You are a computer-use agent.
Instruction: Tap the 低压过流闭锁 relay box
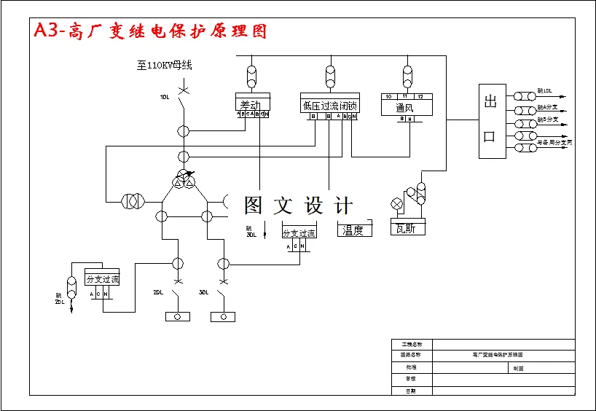329,105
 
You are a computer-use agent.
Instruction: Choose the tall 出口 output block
491,121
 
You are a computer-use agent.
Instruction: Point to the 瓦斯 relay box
407,228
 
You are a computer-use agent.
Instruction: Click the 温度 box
354,230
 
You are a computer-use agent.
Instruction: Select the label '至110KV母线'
164,66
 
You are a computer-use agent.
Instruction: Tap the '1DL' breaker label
165,96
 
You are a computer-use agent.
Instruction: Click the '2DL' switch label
158,292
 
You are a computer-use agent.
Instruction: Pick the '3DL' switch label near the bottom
204,292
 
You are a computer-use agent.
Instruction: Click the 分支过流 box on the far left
102,278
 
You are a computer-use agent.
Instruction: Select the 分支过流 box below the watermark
299,233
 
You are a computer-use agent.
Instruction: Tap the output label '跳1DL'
544,92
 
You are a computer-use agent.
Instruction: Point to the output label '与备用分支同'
554,143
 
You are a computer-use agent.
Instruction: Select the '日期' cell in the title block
412,391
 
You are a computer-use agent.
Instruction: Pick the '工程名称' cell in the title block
412,344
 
